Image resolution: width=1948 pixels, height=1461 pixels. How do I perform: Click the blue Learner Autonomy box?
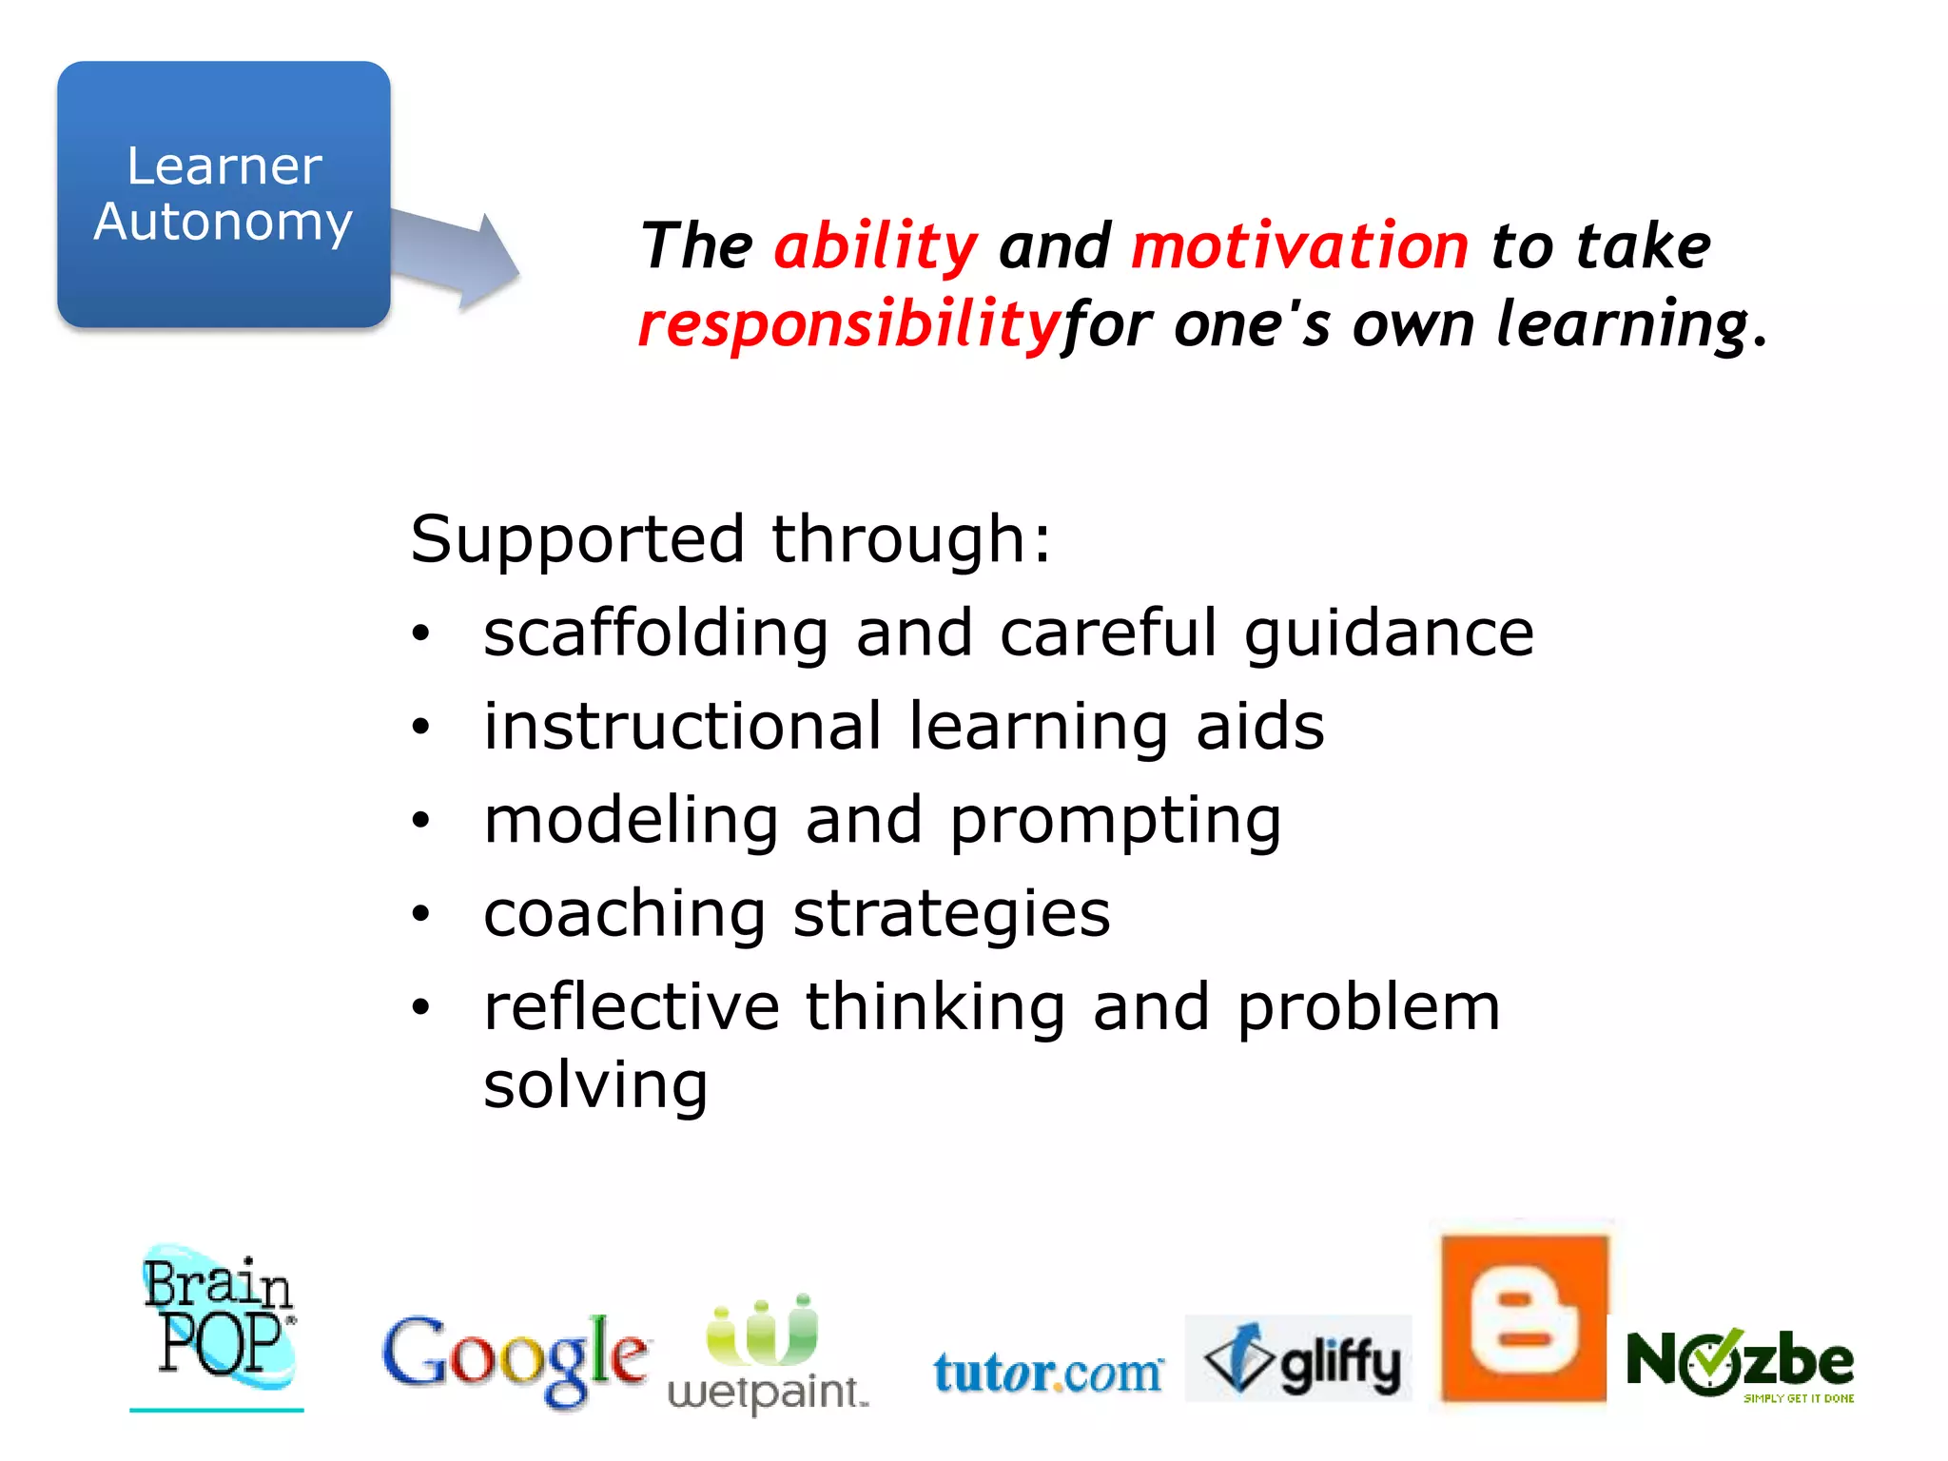(224, 195)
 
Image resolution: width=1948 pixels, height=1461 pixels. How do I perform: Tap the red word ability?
(875, 246)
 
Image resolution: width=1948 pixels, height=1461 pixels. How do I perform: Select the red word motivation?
(1299, 246)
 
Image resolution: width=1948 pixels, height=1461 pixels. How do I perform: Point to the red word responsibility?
(848, 324)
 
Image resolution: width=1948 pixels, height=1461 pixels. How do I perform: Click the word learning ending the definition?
(1623, 324)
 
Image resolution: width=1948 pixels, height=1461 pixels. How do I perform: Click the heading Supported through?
(730, 539)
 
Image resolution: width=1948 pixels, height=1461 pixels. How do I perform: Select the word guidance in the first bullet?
(1389, 633)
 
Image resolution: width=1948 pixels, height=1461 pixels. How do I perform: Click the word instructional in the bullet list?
(683, 727)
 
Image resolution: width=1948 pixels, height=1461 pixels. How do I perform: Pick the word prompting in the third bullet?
(1115, 820)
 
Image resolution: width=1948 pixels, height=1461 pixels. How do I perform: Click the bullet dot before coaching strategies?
(421, 914)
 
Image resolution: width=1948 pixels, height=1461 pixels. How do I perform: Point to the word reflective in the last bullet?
(632, 1007)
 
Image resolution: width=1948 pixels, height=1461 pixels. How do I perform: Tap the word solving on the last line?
(595, 1085)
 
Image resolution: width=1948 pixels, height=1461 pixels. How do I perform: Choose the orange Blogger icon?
(1524, 1317)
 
